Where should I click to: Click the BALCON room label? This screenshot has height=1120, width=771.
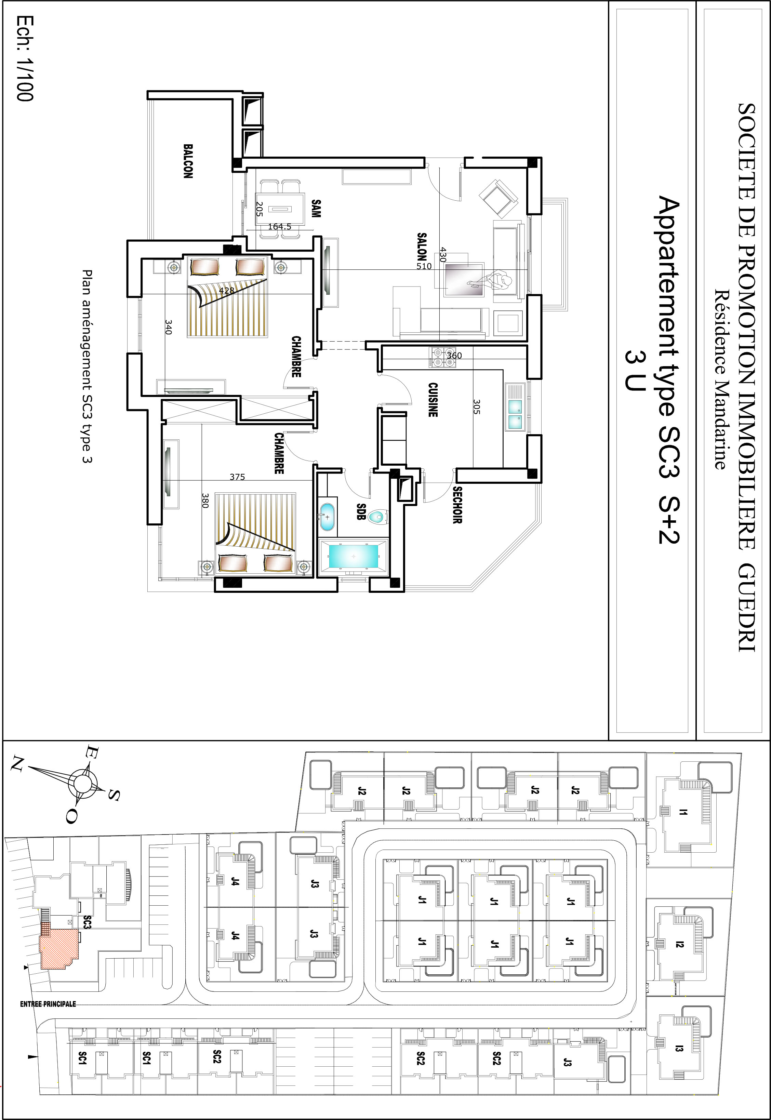[x=188, y=161]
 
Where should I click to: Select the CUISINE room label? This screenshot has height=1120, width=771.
[x=433, y=400]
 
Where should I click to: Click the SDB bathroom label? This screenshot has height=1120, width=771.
[x=360, y=512]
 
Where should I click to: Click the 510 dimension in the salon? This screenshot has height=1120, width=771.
[x=424, y=266]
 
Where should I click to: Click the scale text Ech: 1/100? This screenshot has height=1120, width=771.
[x=25, y=58]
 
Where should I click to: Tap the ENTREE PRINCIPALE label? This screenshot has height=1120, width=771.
[x=48, y=1004]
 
